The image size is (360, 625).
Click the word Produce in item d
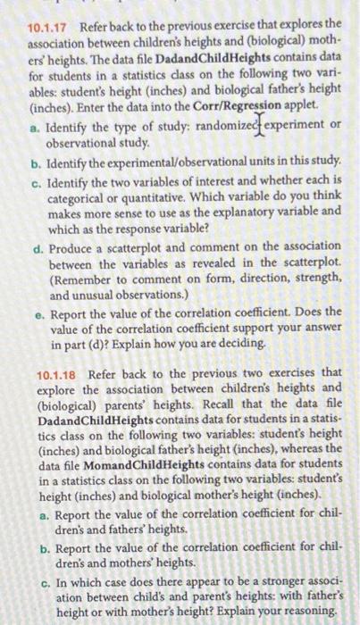click(x=74, y=248)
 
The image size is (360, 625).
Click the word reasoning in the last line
click(x=309, y=612)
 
